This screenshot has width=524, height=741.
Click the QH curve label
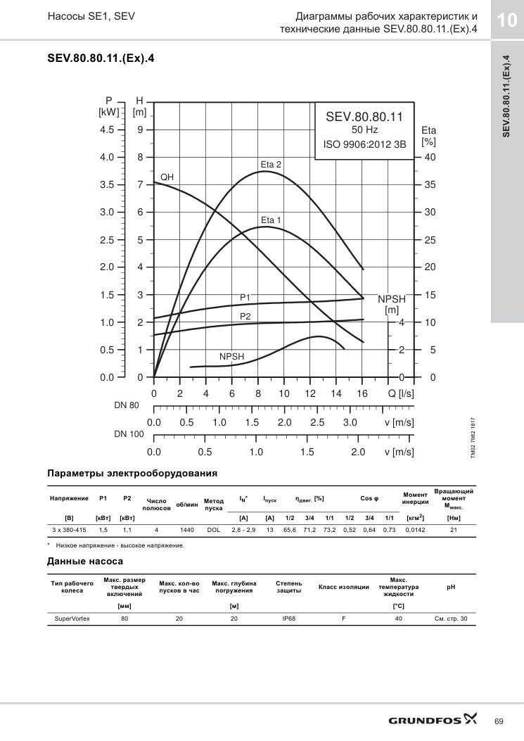(x=167, y=177)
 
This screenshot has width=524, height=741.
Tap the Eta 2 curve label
(x=271, y=165)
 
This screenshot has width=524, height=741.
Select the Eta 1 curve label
(x=271, y=220)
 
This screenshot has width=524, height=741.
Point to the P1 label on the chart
(x=245, y=297)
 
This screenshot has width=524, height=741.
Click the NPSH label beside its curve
(x=231, y=357)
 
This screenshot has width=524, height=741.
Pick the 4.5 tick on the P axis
(x=107, y=130)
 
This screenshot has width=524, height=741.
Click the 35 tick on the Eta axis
(x=430, y=185)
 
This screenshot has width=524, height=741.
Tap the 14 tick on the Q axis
(x=336, y=394)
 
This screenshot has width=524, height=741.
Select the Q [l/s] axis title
(x=401, y=394)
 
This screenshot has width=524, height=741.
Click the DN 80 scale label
(x=127, y=405)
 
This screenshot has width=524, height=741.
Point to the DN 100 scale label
(x=129, y=434)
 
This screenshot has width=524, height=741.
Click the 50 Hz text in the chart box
(x=364, y=130)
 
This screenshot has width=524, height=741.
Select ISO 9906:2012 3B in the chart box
(x=364, y=144)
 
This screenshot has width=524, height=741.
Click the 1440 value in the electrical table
(x=187, y=530)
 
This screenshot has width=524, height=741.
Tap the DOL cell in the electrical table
(x=214, y=530)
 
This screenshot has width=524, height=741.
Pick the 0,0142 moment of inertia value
(x=415, y=530)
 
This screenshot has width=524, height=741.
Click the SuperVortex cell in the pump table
(x=72, y=619)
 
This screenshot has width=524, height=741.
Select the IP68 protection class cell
(x=288, y=619)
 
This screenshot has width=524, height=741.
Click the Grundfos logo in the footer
(x=433, y=720)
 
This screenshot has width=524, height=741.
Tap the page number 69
(x=499, y=721)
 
